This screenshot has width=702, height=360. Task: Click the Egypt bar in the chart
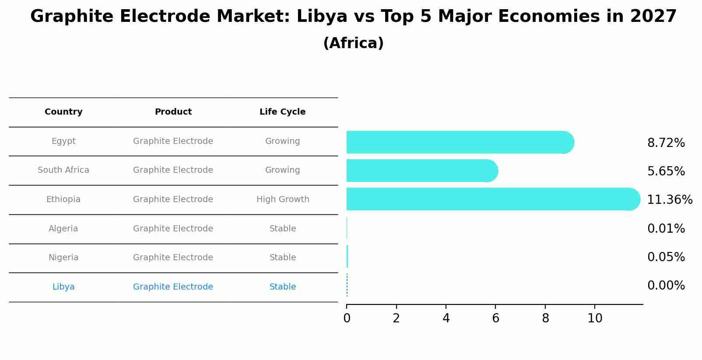pyautogui.click(x=460, y=142)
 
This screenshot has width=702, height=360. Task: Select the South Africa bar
pyautogui.click(x=421, y=171)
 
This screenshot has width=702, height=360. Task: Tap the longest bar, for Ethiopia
pyautogui.click(x=493, y=199)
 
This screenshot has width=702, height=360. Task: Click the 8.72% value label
pyautogui.click(x=666, y=143)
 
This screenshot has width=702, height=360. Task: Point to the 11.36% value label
pyautogui.click(x=669, y=200)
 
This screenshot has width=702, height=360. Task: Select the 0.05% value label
pyautogui.click(x=666, y=257)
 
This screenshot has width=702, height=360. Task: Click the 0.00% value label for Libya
pyautogui.click(x=666, y=286)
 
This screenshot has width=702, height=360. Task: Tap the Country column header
pyautogui.click(x=63, y=112)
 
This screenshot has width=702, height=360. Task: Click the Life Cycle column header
pyautogui.click(x=282, y=112)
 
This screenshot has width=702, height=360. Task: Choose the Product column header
pyautogui.click(x=173, y=112)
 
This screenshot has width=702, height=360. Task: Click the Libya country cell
pyautogui.click(x=63, y=287)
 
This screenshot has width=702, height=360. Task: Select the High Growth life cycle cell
pyautogui.click(x=283, y=199)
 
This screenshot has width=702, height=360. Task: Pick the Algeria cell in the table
pyautogui.click(x=63, y=229)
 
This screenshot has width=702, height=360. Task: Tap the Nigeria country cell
pyautogui.click(x=63, y=258)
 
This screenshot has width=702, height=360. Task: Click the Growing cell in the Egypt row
pyautogui.click(x=282, y=141)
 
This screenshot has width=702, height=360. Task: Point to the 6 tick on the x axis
pyautogui.click(x=495, y=318)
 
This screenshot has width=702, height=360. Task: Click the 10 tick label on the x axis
pyautogui.click(x=595, y=318)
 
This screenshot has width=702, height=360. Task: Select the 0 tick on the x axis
pyautogui.click(x=347, y=318)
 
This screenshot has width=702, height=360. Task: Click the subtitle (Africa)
pyautogui.click(x=353, y=43)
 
